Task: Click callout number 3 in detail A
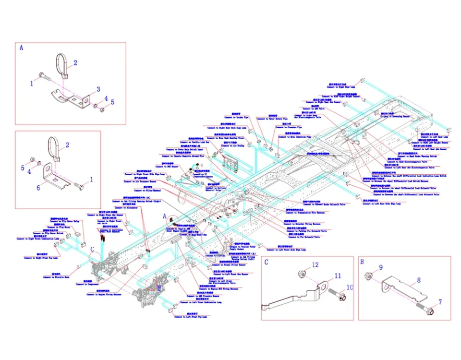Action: (98, 89)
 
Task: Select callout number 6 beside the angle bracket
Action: (39, 188)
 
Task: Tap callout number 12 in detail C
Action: (315, 264)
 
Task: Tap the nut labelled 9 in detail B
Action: (369, 276)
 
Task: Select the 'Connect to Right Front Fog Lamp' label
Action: (43, 258)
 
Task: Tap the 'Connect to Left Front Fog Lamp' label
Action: (191, 317)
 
